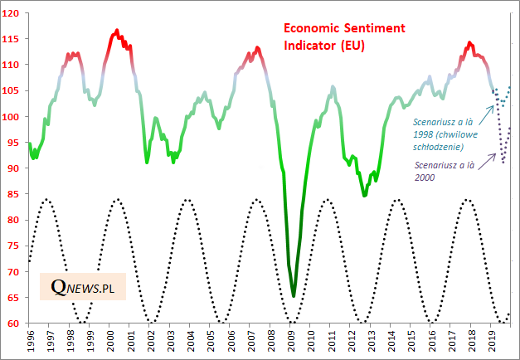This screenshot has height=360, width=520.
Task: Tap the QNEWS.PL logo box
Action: pos(82,287)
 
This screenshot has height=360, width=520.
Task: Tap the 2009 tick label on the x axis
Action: pos(292,340)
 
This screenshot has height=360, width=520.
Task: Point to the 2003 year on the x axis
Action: pos(173,340)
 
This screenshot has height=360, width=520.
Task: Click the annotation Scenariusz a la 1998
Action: pos(449,134)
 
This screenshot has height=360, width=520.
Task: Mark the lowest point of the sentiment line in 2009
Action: pos(294,295)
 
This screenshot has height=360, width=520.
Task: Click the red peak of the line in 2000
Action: pos(116,31)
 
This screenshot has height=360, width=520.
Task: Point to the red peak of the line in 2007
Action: pos(257,48)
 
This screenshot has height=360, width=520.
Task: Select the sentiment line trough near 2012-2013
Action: pos(364,195)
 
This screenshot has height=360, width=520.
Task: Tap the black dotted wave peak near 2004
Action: pos(188,200)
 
